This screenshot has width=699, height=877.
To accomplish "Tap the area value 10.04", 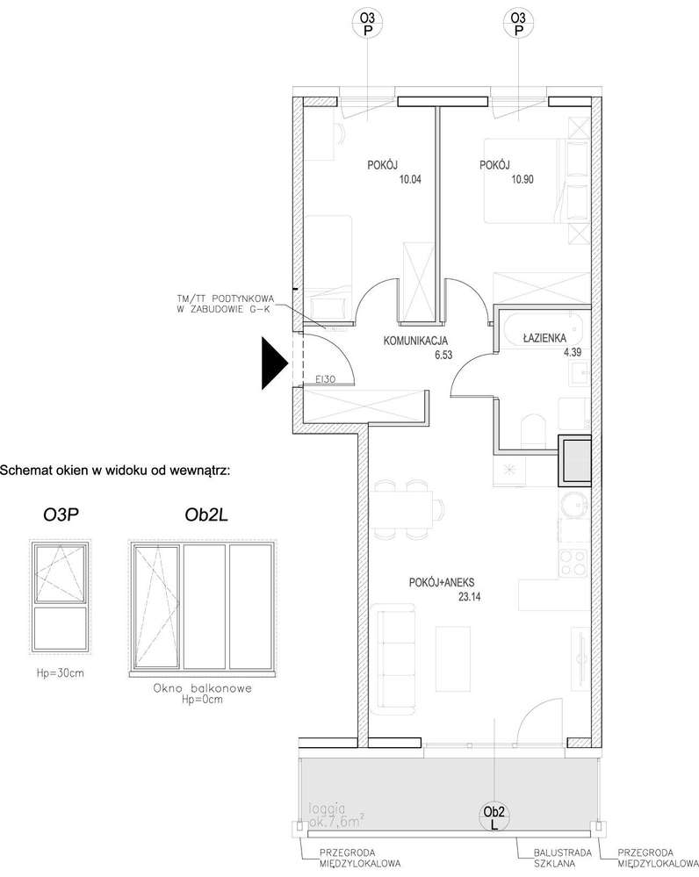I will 386,180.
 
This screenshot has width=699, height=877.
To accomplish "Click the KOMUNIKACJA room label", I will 416,341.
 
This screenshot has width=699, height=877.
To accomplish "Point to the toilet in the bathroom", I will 533,432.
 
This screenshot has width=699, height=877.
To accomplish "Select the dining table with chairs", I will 405,508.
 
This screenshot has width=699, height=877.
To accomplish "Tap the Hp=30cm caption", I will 61,673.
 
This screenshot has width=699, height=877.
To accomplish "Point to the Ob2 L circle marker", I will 494,817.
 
